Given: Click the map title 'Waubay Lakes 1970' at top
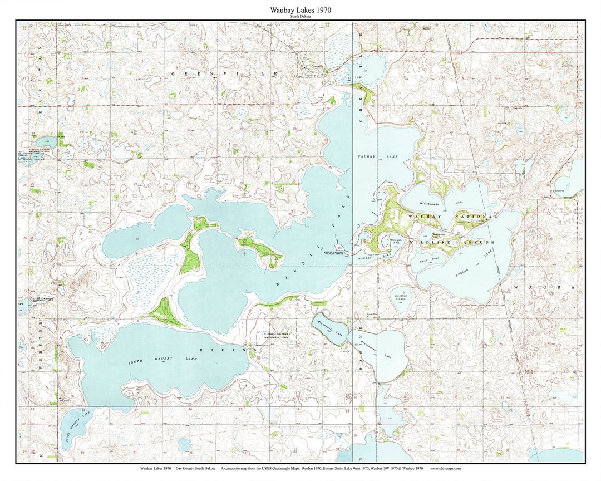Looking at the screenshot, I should tap(300, 10).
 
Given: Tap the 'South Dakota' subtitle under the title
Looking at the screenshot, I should tap(300, 17).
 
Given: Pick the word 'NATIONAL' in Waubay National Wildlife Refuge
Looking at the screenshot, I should tap(476, 216).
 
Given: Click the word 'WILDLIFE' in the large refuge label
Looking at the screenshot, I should tap(429, 243).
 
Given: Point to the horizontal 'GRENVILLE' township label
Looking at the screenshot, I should tap(224, 73).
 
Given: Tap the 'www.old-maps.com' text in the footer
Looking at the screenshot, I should tap(445, 468).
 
